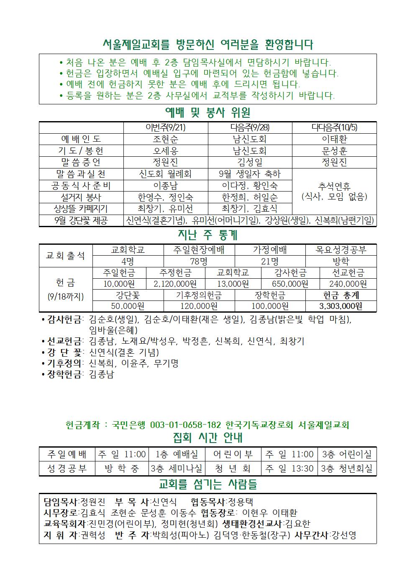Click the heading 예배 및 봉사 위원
[207, 113]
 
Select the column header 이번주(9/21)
[165, 127]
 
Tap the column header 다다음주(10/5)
[334, 127]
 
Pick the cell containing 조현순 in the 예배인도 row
[165, 139]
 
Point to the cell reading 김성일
[250, 162]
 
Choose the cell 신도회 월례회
[165, 174]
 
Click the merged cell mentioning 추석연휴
[334, 191]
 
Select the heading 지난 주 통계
[207, 235]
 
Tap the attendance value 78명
[199, 262]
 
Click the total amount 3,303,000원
[341, 306]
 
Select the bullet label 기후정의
[64, 363]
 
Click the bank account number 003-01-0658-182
[185, 425]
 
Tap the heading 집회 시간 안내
[207, 438]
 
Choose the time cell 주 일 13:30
[289, 468]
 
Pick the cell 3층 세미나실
[177, 468]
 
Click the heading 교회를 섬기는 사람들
[207, 484]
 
